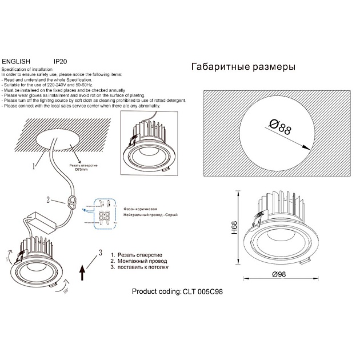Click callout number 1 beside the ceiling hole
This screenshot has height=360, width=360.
(x=34, y=167)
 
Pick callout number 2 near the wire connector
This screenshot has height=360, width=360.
(x=49, y=199)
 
